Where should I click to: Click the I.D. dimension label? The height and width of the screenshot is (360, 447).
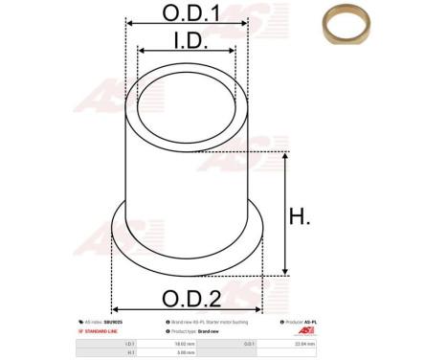click(x=187, y=39)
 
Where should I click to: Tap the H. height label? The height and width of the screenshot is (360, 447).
click(x=300, y=217)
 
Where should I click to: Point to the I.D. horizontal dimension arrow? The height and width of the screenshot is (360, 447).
click(x=187, y=52)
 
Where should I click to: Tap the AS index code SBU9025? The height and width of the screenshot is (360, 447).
click(x=112, y=322)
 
